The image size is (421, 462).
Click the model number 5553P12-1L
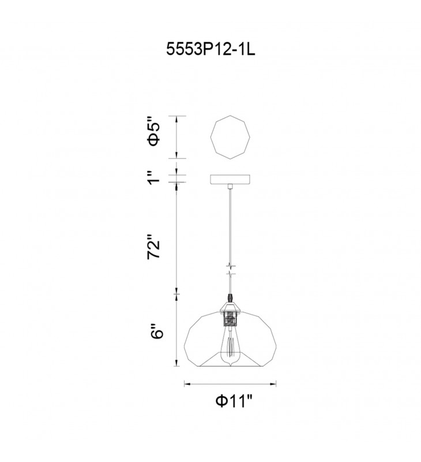coord(210,49)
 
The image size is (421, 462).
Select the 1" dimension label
coord(154,177)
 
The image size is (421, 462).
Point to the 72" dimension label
coord(154,247)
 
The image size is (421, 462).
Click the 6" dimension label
coord(156,332)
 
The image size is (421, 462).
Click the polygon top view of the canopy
coord(230,137)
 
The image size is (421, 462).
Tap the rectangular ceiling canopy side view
coord(230,179)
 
